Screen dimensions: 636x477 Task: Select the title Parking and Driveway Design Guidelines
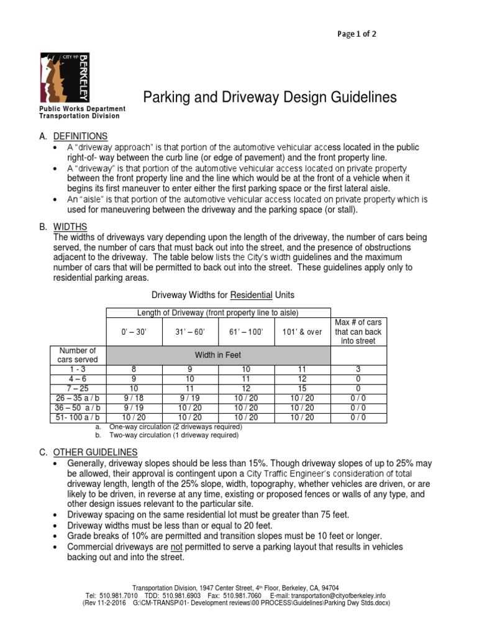(x=270, y=98)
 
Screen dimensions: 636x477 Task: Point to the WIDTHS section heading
(x=70, y=226)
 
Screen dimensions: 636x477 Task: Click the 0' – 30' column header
(x=134, y=332)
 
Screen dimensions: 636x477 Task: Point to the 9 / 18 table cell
(x=134, y=397)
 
